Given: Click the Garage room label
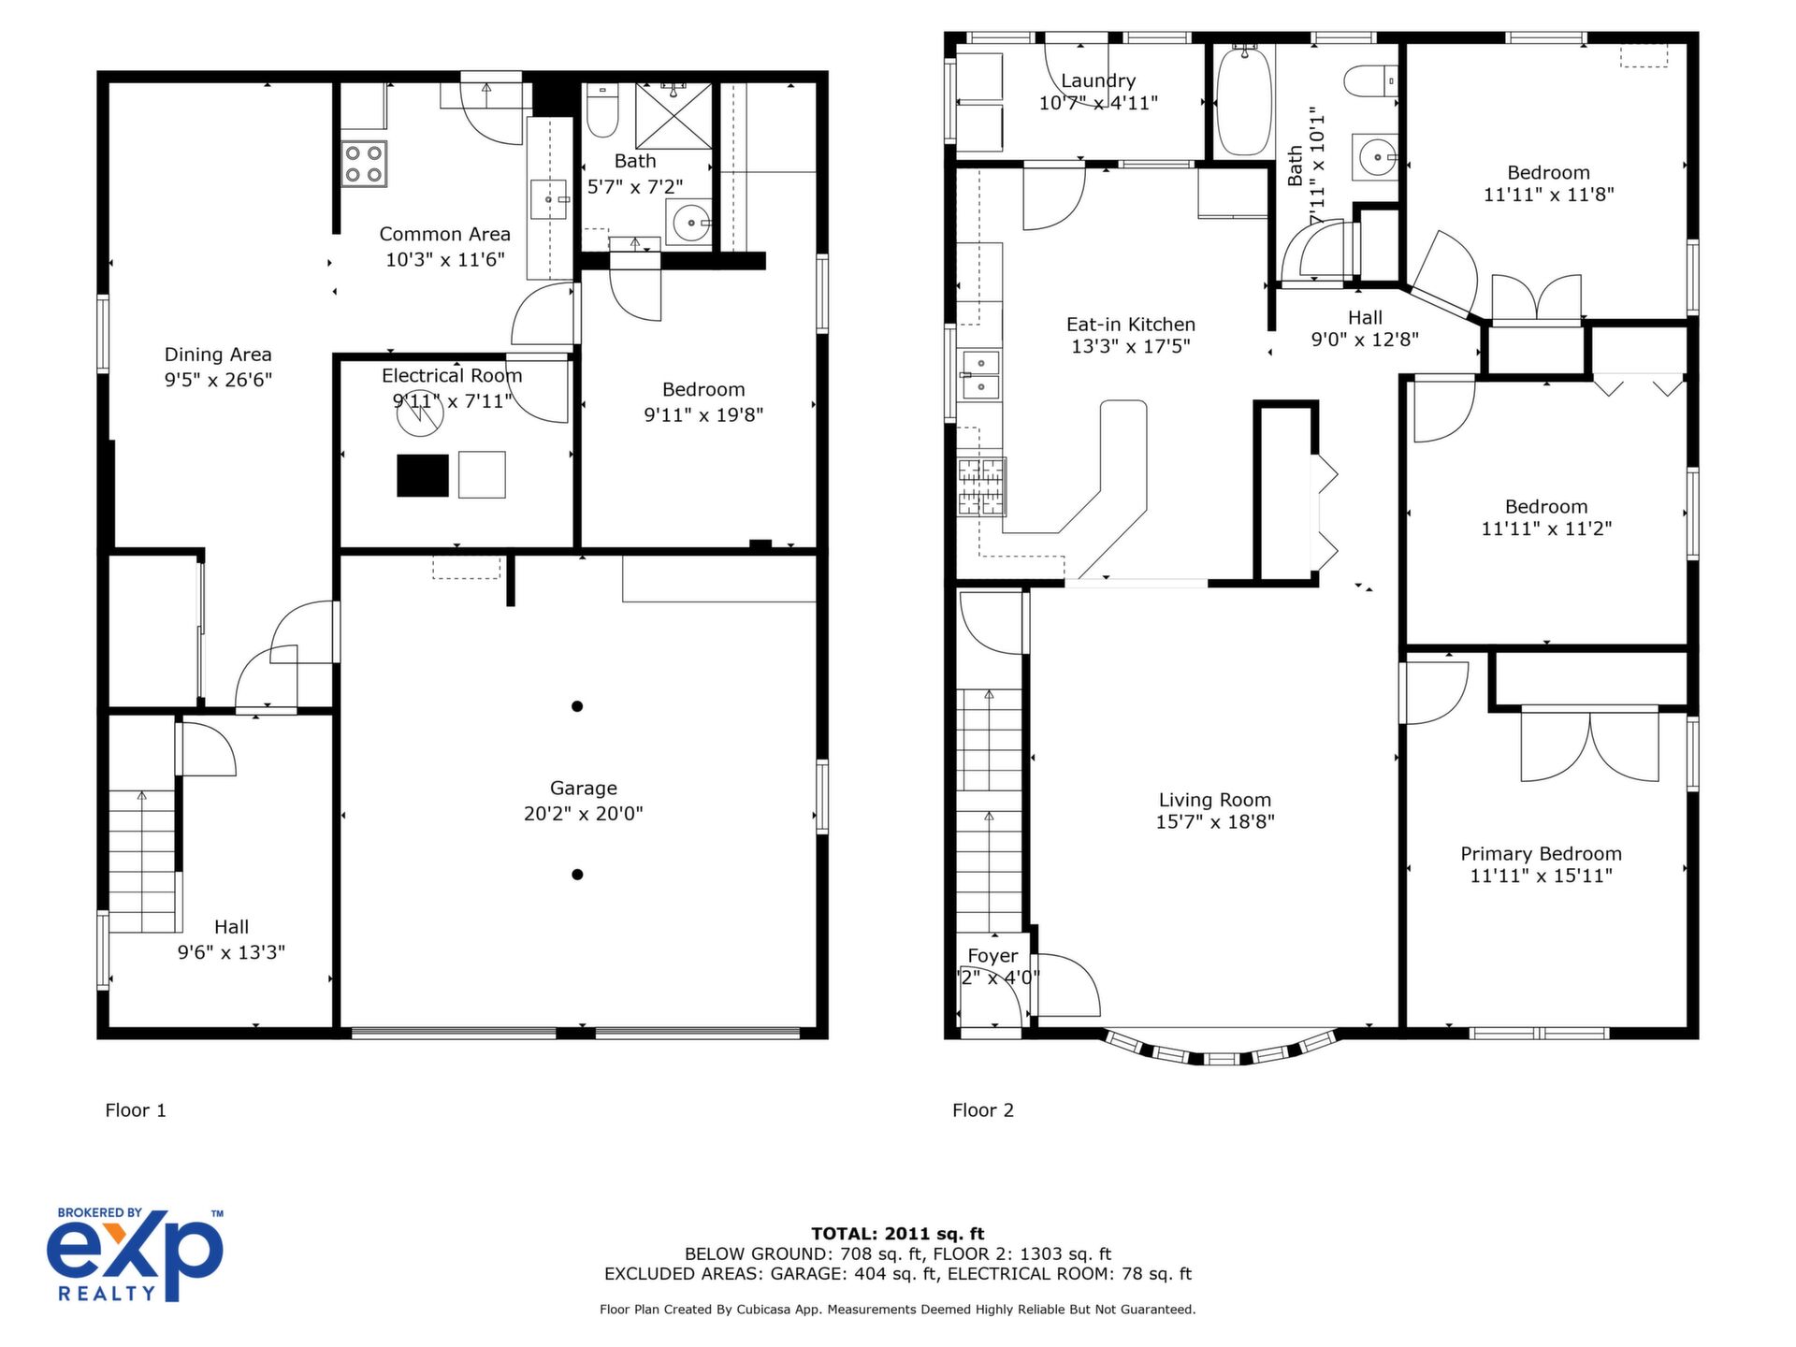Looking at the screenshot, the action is (x=583, y=789).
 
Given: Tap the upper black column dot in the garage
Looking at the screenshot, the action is (x=577, y=706).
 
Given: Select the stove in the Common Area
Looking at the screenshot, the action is (x=364, y=164).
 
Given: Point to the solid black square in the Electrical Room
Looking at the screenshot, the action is (x=423, y=475).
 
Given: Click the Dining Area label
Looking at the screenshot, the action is (x=218, y=355).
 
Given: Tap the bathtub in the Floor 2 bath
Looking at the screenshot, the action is (x=1243, y=100).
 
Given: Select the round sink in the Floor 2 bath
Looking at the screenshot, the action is (x=1375, y=157).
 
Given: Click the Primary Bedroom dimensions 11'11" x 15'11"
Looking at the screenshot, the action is (x=1541, y=876).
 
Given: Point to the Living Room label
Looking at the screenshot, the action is (x=1215, y=800).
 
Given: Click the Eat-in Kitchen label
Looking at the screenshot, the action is (x=1131, y=325).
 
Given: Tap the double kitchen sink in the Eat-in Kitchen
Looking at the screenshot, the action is (x=979, y=374).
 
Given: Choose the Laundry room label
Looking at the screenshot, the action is (x=1098, y=81).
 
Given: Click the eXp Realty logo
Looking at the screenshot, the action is (x=136, y=1254).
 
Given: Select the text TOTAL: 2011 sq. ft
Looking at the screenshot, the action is (x=897, y=1234).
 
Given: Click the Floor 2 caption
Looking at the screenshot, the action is (x=983, y=1110).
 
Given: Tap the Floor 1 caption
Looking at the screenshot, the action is (x=136, y=1110).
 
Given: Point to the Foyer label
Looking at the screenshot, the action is (x=992, y=956).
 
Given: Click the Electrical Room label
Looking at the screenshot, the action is (x=452, y=376).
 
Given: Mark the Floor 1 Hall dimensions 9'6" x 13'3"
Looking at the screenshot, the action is (x=231, y=952).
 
